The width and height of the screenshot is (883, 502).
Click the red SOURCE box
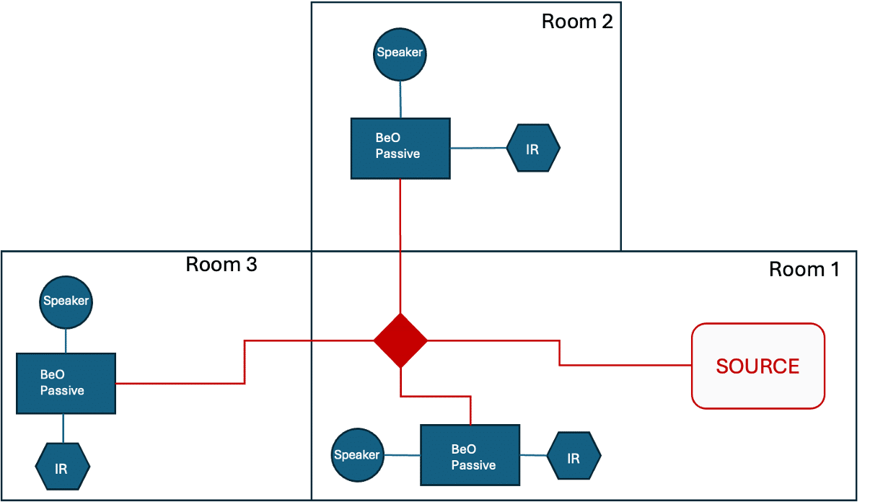[x=758, y=366]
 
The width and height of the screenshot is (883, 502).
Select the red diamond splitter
[x=400, y=340]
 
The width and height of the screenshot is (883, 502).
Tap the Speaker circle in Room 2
[x=400, y=54]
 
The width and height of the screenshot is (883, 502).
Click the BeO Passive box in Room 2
[x=400, y=149]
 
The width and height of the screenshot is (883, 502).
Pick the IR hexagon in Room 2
[x=533, y=148]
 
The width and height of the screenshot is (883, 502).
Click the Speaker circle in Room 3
[x=66, y=302]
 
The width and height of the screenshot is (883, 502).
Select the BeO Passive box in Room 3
[x=66, y=384]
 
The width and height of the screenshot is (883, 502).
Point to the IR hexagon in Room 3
[x=63, y=467]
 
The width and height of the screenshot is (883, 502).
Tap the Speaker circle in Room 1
[x=358, y=455]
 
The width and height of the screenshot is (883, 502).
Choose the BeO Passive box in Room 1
[x=470, y=455]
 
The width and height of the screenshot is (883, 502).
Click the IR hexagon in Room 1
[x=574, y=456]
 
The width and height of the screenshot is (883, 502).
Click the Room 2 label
[x=577, y=22]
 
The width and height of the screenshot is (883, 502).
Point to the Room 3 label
[x=221, y=264]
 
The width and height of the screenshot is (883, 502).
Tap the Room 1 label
[x=804, y=270]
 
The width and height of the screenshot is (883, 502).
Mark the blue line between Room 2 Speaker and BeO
[x=400, y=100]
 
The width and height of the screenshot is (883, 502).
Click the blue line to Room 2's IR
[x=478, y=148]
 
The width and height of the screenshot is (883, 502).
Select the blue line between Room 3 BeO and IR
[x=63, y=428]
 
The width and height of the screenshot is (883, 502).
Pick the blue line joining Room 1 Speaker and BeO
[x=403, y=455]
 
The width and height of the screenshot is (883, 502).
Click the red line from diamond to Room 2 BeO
[x=400, y=246]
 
